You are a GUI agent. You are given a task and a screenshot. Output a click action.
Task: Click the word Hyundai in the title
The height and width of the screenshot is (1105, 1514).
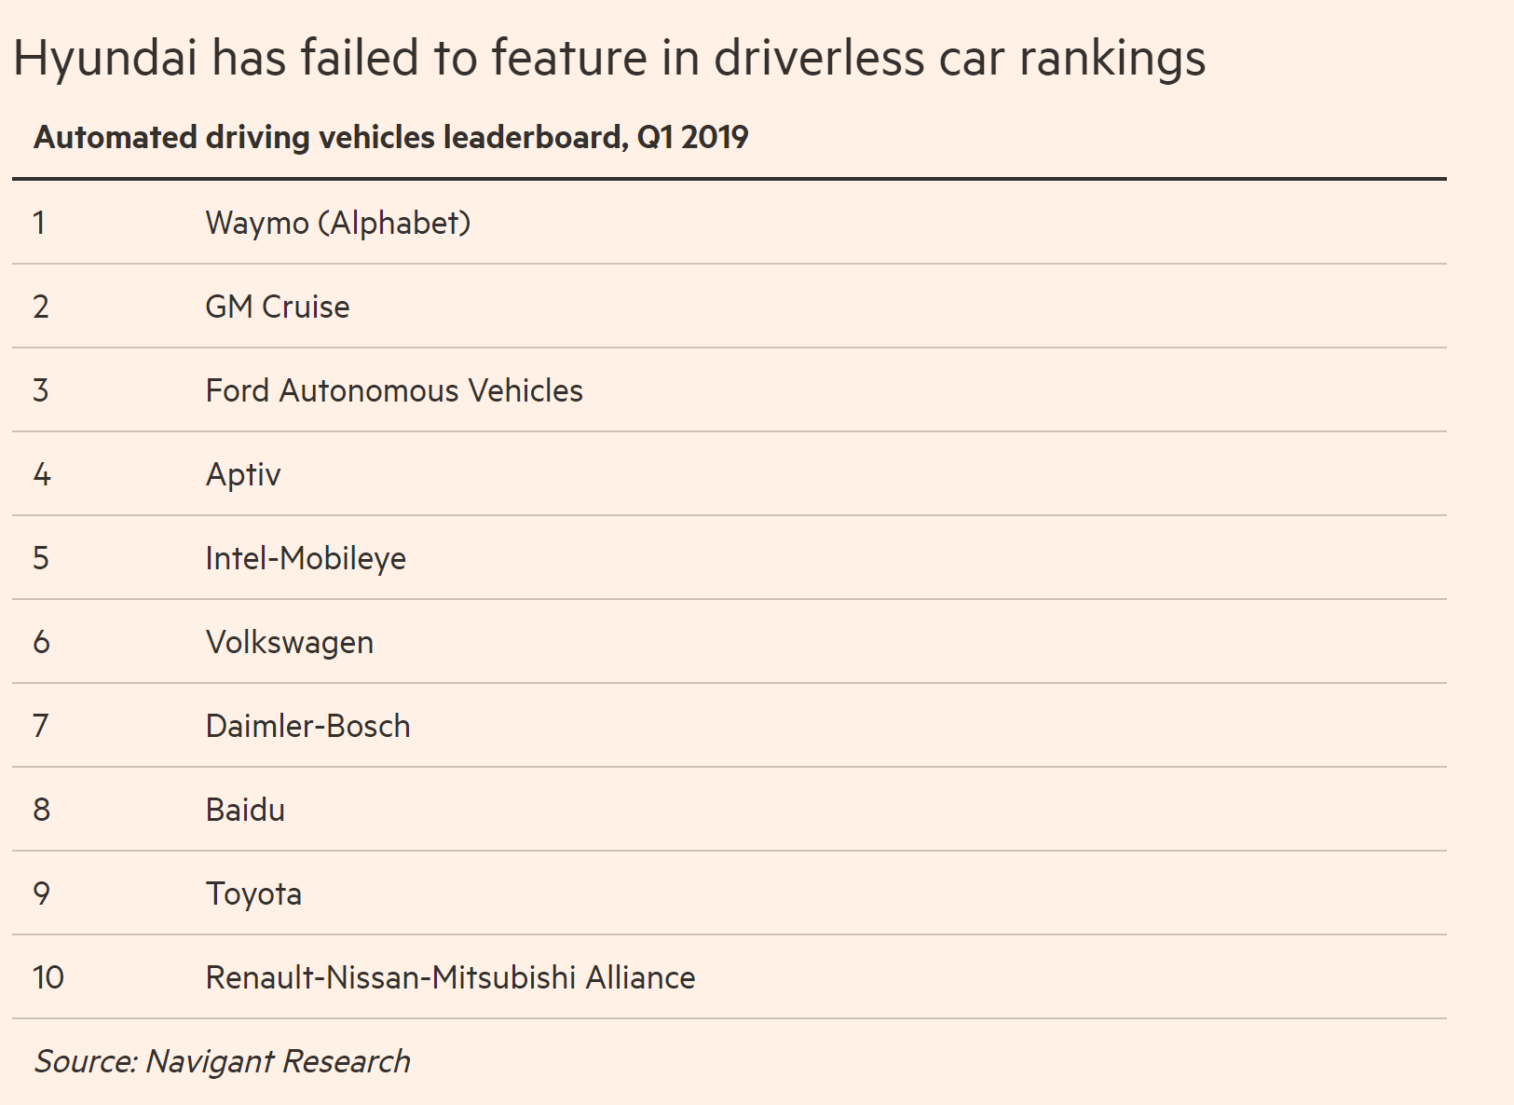click(105, 59)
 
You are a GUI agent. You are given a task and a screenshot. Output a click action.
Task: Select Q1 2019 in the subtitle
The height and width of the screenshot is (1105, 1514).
click(692, 138)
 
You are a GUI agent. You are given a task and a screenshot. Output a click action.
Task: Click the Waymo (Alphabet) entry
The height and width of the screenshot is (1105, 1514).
click(337, 224)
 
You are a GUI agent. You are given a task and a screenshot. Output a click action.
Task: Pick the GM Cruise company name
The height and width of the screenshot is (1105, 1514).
click(277, 307)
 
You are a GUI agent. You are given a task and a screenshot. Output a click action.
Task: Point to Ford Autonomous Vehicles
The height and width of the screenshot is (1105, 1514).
click(393, 391)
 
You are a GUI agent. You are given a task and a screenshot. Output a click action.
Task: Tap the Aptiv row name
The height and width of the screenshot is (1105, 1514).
click(242, 475)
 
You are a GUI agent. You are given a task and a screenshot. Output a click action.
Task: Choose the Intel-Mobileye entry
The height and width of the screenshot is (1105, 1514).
click(305, 559)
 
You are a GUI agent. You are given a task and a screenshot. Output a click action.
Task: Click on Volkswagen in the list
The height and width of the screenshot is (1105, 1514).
click(289, 643)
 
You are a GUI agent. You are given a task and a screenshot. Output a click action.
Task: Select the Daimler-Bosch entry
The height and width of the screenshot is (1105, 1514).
click(307, 727)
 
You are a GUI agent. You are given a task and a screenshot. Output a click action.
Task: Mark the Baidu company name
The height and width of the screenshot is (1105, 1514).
click(245, 811)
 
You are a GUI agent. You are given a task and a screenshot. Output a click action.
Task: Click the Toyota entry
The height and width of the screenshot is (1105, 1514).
click(253, 894)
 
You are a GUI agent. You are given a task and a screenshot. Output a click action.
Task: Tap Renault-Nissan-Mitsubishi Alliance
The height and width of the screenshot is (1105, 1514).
click(450, 978)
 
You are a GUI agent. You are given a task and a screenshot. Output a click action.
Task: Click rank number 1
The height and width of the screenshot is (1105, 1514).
click(39, 224)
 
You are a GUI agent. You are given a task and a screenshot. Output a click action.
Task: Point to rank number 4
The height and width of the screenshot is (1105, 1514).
click(42, 475)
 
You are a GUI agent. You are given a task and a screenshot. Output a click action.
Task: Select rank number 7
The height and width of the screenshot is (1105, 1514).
click(41, 727)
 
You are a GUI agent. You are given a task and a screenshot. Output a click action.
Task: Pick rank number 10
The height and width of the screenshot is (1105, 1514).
click(48, 978)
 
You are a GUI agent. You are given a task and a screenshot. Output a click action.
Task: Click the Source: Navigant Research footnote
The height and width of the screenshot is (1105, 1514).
click(222, 1062)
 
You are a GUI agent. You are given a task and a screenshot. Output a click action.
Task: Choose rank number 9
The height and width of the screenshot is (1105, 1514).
click(42, 894)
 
